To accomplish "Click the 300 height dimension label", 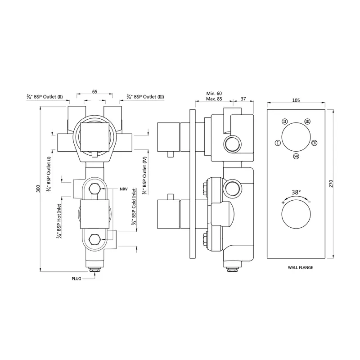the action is (38, 189).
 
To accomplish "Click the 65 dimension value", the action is (94, 92).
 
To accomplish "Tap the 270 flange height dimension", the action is (331, 184).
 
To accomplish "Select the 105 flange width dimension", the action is (296, 100).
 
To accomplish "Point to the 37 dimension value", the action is (243, 99).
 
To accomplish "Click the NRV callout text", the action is (123, 189).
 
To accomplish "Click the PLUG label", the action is (76, 279).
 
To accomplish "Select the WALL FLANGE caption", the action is (300, 267).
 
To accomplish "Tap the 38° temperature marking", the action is (296, 192).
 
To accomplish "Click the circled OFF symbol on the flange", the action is (296, 157).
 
